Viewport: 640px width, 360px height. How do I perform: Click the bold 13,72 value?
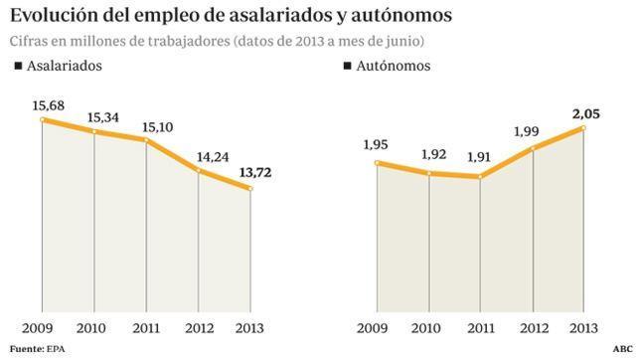click(253, 173)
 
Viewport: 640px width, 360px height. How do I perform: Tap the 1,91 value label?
click(481, 156)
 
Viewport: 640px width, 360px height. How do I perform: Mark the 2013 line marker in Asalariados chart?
click(250, 189)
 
